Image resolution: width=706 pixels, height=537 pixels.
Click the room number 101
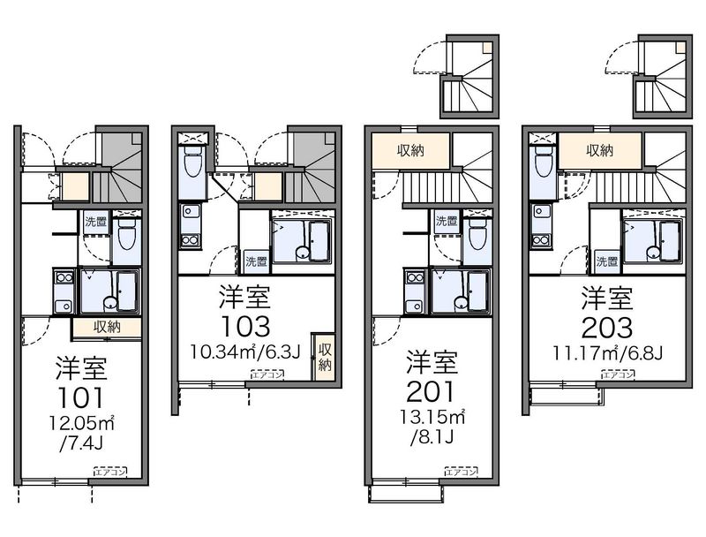[x=80, y=397]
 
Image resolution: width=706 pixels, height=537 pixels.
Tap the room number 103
[x=246, y=326]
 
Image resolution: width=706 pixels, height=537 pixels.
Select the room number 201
[x=431, y=391]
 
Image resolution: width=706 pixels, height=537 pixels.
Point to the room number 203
[x=607, y=328]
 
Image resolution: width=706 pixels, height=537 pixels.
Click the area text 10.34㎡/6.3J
[x=245, y=352]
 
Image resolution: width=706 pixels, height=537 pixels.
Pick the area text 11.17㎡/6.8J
[x=607, y=352]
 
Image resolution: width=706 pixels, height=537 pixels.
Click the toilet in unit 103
[x=192, y=163]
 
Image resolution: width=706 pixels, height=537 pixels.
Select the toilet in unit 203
[x=544, y=163]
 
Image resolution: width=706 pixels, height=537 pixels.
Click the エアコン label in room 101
[x=110, y=472]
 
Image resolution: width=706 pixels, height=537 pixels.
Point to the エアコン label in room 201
[x=461, y=472]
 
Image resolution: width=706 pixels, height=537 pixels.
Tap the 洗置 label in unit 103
[x=256, y=261]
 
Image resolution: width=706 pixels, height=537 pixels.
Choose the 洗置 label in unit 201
[x=447, y=221]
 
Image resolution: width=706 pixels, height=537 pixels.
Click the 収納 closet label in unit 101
[x=107, y=327]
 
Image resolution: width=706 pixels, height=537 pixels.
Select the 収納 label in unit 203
[x=600, y=150]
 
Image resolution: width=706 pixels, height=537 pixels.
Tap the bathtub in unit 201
[x=477, y=292]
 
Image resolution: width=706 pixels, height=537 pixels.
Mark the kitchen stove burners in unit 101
[x=64, y=277]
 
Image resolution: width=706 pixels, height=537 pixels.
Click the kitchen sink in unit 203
[x=541, y=211]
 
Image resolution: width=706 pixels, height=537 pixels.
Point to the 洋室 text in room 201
[x=432, y=361]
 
